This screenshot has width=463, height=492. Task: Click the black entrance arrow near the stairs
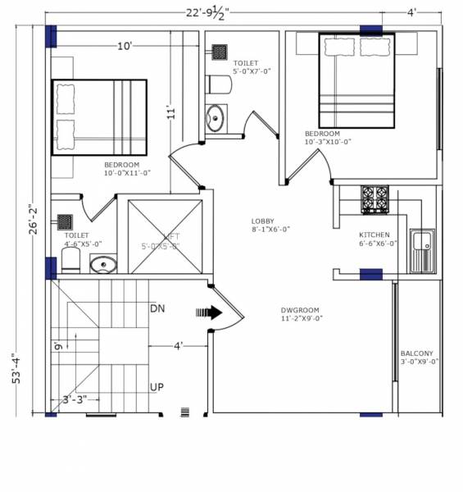[210, 312]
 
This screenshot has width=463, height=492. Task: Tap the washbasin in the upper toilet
[215, 117]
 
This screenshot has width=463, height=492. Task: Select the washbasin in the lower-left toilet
[103, 265]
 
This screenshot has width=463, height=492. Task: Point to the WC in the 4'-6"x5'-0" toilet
[70, 261]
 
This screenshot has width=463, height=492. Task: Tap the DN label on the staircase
[158, 308]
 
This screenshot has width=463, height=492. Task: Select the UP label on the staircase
[157, 387]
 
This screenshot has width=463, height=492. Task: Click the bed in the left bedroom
[99, 117]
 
